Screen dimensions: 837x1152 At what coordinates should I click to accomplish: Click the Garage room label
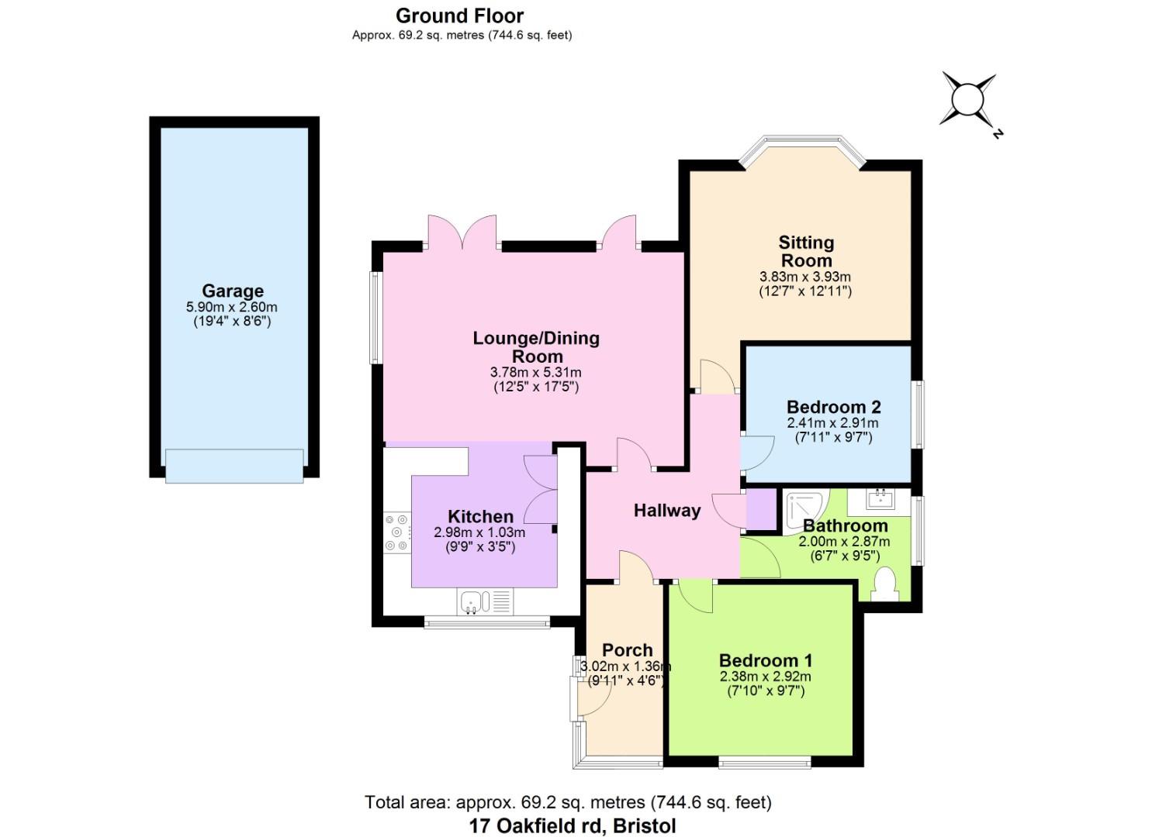(233, 291)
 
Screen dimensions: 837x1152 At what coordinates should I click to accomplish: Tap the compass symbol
(967, 100)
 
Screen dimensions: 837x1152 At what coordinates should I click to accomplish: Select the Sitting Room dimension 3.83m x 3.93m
(804, 277)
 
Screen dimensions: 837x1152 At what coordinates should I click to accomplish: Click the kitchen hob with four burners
(397, 532)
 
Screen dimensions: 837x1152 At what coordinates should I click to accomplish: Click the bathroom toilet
(884, 584)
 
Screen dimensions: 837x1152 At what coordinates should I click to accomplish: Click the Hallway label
(666, 510)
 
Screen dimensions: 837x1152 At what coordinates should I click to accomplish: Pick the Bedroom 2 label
(833, 407)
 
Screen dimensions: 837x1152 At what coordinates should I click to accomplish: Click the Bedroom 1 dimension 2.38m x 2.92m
(765, 677)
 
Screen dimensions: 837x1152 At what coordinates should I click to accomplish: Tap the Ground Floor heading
(459, 15)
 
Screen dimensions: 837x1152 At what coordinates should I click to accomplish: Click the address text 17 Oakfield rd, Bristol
(572, 825)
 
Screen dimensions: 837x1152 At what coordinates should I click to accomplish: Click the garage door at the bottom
(234, 467)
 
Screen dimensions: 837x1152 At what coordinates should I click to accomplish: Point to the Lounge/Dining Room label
(536, 346)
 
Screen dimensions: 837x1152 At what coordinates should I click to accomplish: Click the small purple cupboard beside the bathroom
(760, 510)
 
